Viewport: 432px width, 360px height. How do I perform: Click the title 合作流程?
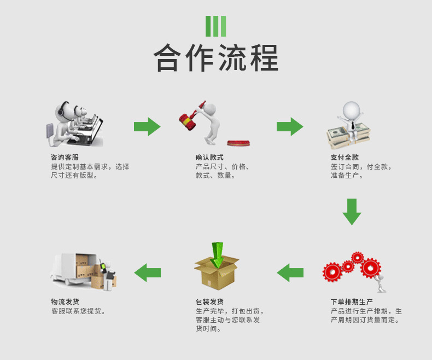pyautogui.click(x=215, y=58)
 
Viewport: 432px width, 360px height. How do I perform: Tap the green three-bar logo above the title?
pyautogui.click(x=215, y=26)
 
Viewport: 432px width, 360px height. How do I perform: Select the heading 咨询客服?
pyautogui.click(x=65, y=158)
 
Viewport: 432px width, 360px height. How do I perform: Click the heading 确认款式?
pyautogui.click(x=209, y=158)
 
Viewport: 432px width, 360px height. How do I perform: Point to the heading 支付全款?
pyautogui.click(x=345, y=158)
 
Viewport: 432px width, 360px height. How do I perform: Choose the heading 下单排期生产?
pyautogui.click(x=352, y=301)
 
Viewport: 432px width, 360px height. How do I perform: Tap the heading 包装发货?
pyautogui.click(x=209, y=301)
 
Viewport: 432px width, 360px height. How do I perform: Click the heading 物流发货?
pyautogui.click(x=65, y=301)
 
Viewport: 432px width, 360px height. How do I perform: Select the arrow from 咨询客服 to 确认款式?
pyautogui.click(x=147, y=126)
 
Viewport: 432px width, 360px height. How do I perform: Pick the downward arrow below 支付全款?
pyautogui.click(x=352, y=211)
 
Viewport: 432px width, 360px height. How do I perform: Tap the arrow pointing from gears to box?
pyautogui.click(x=290, y=272)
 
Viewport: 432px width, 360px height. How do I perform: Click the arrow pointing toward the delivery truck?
pyautogui.click(x=148, y=272)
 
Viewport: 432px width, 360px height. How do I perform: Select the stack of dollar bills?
pyautogui.click(x=348, y=136)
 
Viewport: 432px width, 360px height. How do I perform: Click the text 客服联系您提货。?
pyautogui.click(x=78, y=311)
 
